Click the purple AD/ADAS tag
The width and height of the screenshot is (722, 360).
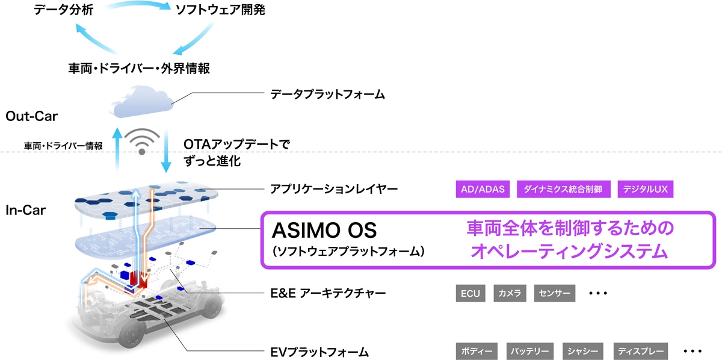coord(483,189)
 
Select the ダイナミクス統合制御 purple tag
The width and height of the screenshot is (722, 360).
coord(563,189)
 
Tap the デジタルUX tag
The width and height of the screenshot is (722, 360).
coord(645,189)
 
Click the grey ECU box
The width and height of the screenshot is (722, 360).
coord(471,293)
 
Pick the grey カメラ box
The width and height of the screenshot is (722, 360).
coord(510,293)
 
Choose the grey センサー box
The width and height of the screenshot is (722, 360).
coord(554,293)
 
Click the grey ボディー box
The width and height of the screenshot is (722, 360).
coord(477,351)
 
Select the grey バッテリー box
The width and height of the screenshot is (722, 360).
coord(530,351)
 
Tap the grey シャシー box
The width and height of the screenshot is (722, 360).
coord(583,351)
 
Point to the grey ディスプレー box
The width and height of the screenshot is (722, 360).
coord(640,351)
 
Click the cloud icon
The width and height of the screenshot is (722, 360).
coord(141,102)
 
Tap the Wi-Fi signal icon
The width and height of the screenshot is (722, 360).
coord(142,141)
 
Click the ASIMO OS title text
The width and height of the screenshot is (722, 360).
coord(324,231)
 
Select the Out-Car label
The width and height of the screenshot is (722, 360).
coord(31,116)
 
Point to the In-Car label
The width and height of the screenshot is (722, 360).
coord(25,210)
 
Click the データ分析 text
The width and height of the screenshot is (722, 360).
coord(64,10)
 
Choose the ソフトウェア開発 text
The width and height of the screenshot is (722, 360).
coord(220,10)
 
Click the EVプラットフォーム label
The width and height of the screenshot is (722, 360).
coord(319,352)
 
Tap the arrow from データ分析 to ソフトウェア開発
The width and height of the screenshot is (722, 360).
coord(138,3)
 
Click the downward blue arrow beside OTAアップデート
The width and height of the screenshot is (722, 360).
coord(166,151)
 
